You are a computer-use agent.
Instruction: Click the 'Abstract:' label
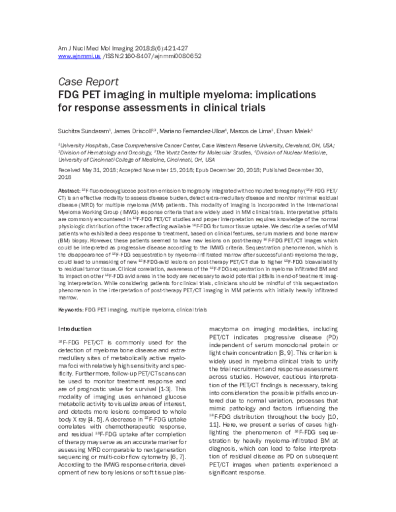[71, 189]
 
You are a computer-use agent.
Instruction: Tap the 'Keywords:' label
[73, 309]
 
